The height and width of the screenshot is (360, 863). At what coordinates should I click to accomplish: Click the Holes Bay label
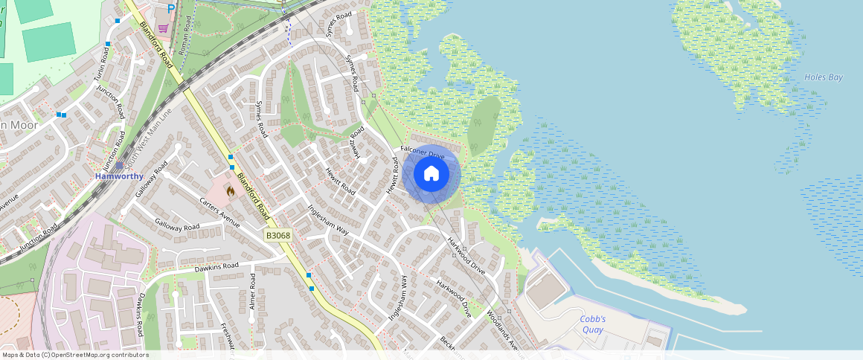(x=824, y=77)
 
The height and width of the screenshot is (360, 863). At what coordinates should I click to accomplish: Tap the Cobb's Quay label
(x=593, y=324)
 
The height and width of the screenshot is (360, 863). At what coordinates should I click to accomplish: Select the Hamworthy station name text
(x=119, y=178)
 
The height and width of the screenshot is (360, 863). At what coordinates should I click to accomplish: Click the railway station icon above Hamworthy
(x=119, y=166)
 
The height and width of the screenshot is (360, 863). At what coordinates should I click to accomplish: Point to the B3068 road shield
(x=278, y=235)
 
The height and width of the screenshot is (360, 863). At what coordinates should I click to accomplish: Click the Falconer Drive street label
(x=422, y=152)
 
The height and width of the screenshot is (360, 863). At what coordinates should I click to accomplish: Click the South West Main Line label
(x=147, y=138)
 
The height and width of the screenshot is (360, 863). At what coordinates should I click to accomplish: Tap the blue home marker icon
(x=431, y=174)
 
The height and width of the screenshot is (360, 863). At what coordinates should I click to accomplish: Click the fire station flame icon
(x=231, y=191)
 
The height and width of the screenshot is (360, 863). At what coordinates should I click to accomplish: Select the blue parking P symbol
(x=171, y=8)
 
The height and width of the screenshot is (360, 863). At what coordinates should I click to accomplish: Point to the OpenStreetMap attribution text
(x=74, y=355)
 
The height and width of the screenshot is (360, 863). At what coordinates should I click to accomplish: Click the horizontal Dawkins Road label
(x=216, y=266)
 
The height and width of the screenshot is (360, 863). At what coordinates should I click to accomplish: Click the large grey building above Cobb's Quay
(x=547, y=291)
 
